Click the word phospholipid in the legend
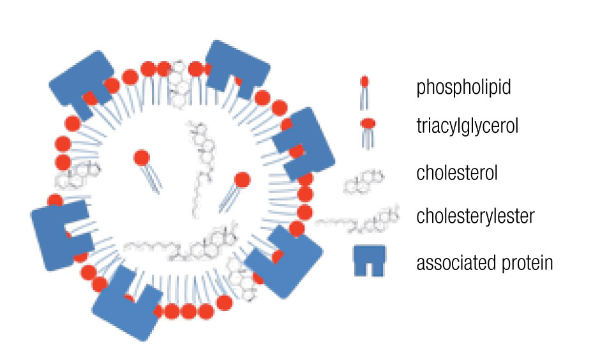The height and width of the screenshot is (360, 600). (x=463, y=87)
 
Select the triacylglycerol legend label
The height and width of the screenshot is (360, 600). (x=467, y=126)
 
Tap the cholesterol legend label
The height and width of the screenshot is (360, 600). (x=456, y=172)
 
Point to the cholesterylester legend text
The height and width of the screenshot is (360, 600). (x=475, y=216)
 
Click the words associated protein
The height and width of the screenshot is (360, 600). (x=484, y=262)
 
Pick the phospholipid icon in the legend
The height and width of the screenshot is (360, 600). (x=364, y=91)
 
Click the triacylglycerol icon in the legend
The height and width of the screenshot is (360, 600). (x=367, y=131)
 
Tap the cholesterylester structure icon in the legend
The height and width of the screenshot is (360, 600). (x=358, y=220)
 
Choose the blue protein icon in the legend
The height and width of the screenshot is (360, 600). (x=370, y=260)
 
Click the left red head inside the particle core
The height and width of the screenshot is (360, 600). (x=141, y=158)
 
